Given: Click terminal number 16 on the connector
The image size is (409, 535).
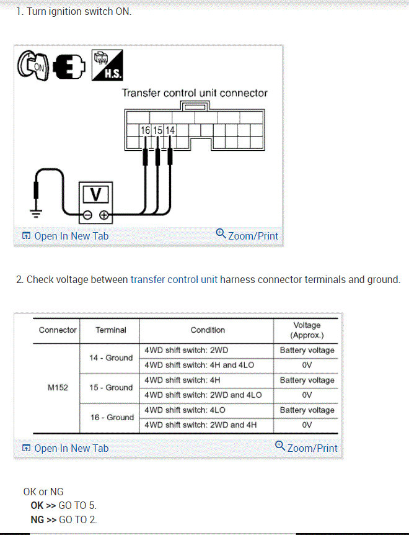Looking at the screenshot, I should click(145, 130).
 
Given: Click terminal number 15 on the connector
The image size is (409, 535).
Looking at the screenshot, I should click(157, 130).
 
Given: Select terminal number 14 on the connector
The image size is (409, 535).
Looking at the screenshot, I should click(170, 130).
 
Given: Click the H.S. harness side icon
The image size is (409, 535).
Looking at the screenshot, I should click(107, 65).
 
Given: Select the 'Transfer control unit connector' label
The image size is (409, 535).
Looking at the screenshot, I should click(195, 93).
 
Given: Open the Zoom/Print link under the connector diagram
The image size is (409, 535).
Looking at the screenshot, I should click(247, 235).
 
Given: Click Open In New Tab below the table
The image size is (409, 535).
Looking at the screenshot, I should click(65, 448).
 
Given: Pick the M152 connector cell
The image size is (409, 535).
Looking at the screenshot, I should click(58, 387).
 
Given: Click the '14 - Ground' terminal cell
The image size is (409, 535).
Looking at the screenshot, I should click(110, 357).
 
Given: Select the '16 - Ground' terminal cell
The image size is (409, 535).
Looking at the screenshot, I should click(110, 417).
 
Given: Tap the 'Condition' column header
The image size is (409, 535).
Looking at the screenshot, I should click(208, 330).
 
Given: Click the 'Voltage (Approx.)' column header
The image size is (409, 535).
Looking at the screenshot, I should click(307, 330).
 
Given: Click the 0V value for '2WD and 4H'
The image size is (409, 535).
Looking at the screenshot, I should click(307, 425).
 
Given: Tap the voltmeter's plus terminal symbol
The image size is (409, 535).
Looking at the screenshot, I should click(103, 215).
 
